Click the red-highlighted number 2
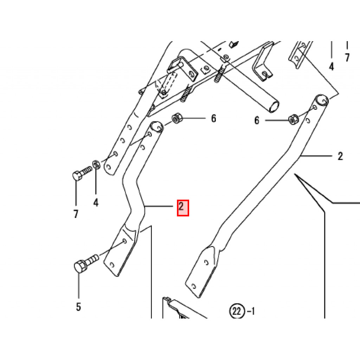(182, 207)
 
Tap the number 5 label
(78, 307)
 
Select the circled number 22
(236, 311)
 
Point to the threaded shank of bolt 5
(92, 260)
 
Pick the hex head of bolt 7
(77, 175)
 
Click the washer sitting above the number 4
(95, 164)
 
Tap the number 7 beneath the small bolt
(76, 214)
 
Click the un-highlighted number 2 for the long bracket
(340, 156)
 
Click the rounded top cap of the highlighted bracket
(156, 126)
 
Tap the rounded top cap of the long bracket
(321, 99)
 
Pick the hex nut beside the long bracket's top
(292, 120)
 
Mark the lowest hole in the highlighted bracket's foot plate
(112, 264)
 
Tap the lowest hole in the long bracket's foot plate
(193, 285)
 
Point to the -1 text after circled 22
(251, 311)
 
